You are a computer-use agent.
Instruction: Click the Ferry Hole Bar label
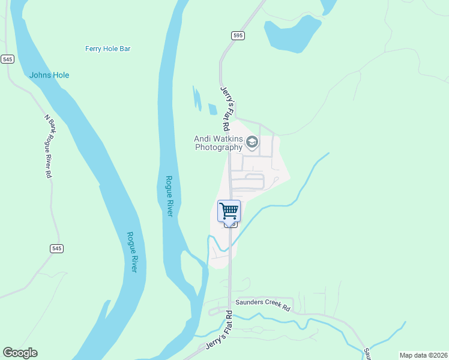pyautogui.click(x=107, y=49)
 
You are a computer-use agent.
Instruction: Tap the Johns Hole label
pyautogui.click(x=49, y=75)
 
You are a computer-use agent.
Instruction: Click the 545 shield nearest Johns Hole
pyautogui.click(x=7, y=59)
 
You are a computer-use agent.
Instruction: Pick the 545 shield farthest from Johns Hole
pyautogui.click(x=56, y=248)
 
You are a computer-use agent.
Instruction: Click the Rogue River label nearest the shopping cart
pyautogui.click(x=169, y=196)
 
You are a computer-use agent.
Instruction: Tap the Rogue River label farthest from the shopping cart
pyautogui.click(x=132, y=252)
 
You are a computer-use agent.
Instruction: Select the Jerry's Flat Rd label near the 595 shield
pyautogui.click(x=225, y=109)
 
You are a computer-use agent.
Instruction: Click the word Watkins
pyautogui.click(x=224, y=138)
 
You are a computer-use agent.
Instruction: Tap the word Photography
pyautogui.click(x=218, y=147)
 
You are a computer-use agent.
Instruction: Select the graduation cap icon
pyautogui.click(x=252, y=142)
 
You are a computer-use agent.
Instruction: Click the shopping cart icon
pyautogui.click(x=229, y=211)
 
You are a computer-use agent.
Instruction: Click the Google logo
pyautogui.click(x=20, y=353)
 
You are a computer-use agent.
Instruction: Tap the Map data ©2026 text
pyautogui.click(x=423, y=355)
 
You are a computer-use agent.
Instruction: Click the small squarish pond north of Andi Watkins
pyautogui.click(x=212, y=109)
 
